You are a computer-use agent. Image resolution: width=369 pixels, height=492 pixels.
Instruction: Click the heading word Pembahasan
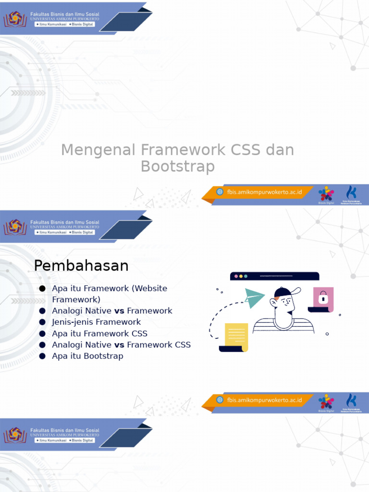tap(81, 266)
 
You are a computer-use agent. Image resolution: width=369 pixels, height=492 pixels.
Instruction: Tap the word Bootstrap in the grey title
tap(177, 167)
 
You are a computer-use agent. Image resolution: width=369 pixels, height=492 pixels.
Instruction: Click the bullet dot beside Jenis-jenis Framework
tap(42, 322)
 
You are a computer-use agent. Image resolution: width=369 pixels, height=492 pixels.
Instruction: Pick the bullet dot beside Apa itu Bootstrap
tap(42, 356)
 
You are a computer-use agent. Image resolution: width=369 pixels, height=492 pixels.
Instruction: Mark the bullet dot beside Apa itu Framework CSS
tap(42, 333)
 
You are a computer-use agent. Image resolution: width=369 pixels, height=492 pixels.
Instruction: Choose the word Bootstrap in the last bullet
tap(103, 356)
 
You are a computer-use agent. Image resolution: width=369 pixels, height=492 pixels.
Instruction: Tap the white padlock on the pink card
tap(323, 298)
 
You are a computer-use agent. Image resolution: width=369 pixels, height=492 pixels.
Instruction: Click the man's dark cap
tap(283, 292)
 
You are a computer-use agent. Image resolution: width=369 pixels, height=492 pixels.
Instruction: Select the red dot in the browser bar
tap(236, 276)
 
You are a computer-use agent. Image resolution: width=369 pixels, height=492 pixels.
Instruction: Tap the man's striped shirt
tap(283, 327)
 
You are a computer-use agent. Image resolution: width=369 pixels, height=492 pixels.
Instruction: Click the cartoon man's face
tap(284, 304)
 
